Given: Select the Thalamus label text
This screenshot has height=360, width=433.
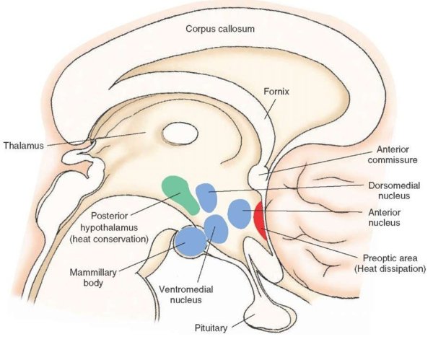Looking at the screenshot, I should pos(22,144).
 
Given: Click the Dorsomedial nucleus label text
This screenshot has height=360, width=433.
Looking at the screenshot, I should pos(395,190).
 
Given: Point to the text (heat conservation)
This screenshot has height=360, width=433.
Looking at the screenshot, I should pos(118,238).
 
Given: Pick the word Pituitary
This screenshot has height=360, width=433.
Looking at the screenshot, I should pos(211,328).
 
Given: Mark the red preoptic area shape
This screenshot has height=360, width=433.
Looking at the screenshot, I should pos(260,224).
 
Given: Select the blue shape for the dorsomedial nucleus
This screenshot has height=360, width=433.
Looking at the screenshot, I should pos(206,197).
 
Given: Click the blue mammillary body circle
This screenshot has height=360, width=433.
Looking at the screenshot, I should pos(189,241).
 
